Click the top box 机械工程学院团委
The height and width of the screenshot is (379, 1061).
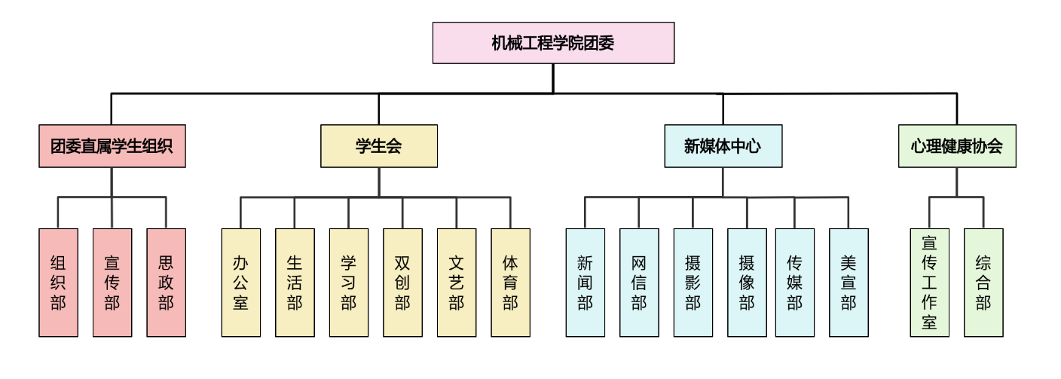pos(553,43)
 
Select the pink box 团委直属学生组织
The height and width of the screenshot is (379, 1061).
pos(112,146)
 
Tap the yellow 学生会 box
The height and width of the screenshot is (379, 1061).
pos(378,146)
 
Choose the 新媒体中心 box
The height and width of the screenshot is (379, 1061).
pos(723,146)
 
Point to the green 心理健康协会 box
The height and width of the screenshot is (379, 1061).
pos(956,146)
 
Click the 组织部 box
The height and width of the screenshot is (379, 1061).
pos(58,283)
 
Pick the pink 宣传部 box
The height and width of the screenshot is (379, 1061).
pos(112,283)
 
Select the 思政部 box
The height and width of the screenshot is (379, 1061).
pos(166,283)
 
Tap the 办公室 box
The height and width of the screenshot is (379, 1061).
pos(241,283)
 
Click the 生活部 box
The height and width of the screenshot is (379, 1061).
pos(295,283)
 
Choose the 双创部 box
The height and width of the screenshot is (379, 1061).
pos(402,283)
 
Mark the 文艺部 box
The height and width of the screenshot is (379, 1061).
pos(457,283)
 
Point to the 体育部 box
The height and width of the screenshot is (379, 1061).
pos(510,283)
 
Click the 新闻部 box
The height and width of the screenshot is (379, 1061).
pos(586,283)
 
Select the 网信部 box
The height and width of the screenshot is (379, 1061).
pos(639,283)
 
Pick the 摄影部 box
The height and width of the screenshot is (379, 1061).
pos(693,283)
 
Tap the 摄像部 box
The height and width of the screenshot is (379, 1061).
pos(747,283)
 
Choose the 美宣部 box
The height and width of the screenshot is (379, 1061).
pos(848,283)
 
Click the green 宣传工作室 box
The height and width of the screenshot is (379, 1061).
pos(929,283)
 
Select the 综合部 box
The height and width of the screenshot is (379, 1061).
pos(983,283)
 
